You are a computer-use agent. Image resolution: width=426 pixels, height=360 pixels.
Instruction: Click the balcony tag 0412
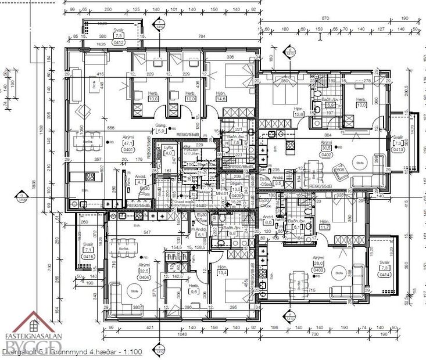click(x=119, y=42)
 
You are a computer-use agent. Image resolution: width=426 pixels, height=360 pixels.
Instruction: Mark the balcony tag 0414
click(x=384, y=275)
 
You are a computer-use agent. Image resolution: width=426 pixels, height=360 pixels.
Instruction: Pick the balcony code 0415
click(x=88, y=256)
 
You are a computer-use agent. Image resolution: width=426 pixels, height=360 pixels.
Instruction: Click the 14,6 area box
click(x=221, y=99)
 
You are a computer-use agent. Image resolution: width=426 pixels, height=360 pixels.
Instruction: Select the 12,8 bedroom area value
click(x=299, y=114)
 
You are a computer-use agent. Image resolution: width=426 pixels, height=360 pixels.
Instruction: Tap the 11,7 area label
click(x=324, y=226)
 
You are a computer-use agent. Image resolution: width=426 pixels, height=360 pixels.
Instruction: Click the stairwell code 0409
click(x=237, y=196)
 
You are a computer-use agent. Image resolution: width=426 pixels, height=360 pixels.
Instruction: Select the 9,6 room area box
click(x=194, y=292)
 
